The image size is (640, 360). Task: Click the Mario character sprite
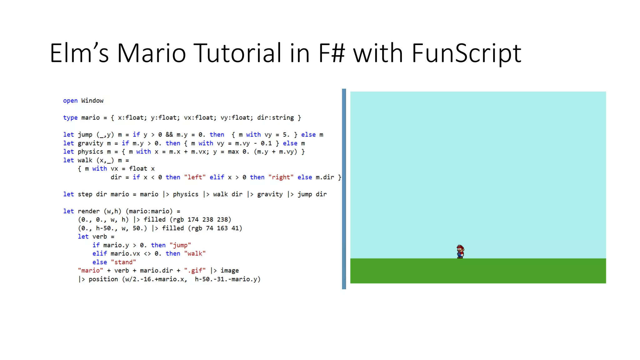point(460,252)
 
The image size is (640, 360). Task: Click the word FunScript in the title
point(466,53)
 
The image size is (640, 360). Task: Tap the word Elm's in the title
point(79,53)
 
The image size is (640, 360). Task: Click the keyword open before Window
point(70,101)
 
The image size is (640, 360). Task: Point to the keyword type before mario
point(70,118)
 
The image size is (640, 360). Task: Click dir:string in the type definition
point(275,118)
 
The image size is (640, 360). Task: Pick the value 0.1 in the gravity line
point(266,143)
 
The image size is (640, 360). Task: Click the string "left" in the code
point(195,177)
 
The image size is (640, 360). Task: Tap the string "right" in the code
point(281,177)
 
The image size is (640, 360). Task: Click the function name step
point(85,194)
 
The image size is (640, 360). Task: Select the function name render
point(89,211)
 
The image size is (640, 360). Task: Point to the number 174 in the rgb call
point(193,220)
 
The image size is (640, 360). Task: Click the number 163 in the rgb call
point(222,228)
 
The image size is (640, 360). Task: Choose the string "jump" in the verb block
point(180,245)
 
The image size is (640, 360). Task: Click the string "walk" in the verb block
point(195,254)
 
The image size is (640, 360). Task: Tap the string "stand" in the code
point(123,262)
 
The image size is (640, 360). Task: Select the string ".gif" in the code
point(195,271)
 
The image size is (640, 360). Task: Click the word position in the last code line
point(103,279)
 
